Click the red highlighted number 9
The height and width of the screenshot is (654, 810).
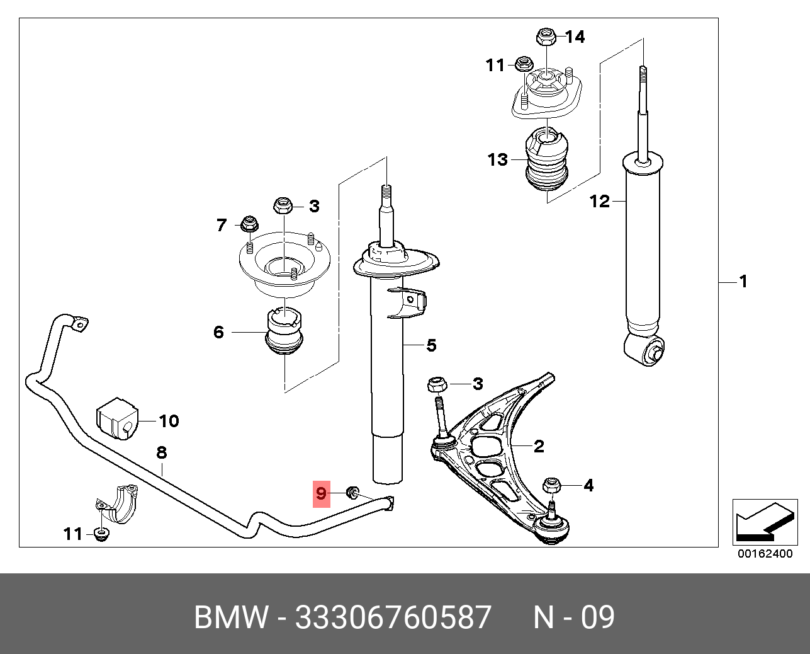[x=322, y=493]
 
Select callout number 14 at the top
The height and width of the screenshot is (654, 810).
[x=575, y=37]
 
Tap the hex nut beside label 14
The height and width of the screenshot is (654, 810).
[x=545, y=37]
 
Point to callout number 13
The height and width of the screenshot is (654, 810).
[x=497, y=159]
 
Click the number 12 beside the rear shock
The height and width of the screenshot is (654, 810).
[x=600, y=201]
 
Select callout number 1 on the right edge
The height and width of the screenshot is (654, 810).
[x=743, y=281]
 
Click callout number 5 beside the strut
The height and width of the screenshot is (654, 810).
[x=431, y=345]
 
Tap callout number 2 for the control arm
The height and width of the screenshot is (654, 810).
[x=539, y=446]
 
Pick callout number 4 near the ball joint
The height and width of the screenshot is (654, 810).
[x=588, y=485]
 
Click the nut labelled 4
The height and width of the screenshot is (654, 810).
[x=551, y=485]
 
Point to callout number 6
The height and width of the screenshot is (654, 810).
[x=218, y=332]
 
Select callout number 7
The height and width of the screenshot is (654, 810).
[x=221, y=225]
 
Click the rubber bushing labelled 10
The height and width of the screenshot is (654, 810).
[x=117, y=418]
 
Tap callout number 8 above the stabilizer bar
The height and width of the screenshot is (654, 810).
[x=162, y=452]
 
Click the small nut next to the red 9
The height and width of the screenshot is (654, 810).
[x=353, y=491]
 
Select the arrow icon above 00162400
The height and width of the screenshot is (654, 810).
[x=764, y=522]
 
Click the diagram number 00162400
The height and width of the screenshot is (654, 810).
[x=765, y=554]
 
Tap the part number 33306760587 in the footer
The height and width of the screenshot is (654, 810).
[x=393, y=617]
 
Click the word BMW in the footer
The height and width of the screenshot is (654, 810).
[x=230, y=617]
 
